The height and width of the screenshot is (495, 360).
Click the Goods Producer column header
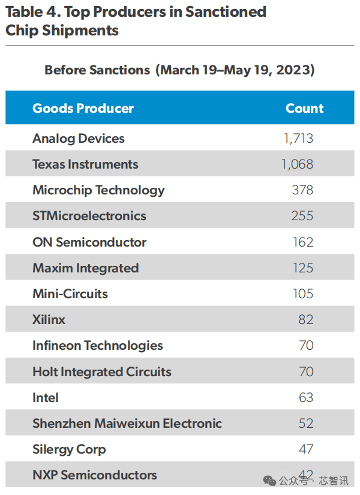tap(83, 109)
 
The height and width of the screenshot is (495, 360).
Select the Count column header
tap(304, 109)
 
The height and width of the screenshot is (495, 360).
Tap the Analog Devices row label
tap(79, 139)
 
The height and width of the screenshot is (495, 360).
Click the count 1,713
tap(298, 139)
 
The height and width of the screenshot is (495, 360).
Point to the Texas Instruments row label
tap(85, 164)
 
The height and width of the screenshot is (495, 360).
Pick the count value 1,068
tap(297, 164)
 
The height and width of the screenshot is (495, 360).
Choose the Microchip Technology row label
tap(98, 190)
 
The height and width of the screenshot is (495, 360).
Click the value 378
tap(302, 190)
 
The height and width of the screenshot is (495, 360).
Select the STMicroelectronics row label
tap(89, 216)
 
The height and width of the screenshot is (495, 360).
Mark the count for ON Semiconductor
tap(303, 242)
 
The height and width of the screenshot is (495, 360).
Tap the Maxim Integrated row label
tap(85, 268)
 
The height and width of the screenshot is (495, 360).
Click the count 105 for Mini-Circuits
tap(303, 294)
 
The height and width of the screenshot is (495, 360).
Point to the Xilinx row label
tap(49, 320)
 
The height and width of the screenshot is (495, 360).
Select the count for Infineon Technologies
tap(306, 346)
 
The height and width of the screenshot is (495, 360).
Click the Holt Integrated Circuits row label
tap(102, 372)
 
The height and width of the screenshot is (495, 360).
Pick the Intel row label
tap(46, 398)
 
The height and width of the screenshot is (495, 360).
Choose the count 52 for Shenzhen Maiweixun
tap(306, 424)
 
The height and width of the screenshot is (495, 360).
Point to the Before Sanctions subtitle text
tap(97, 70)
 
